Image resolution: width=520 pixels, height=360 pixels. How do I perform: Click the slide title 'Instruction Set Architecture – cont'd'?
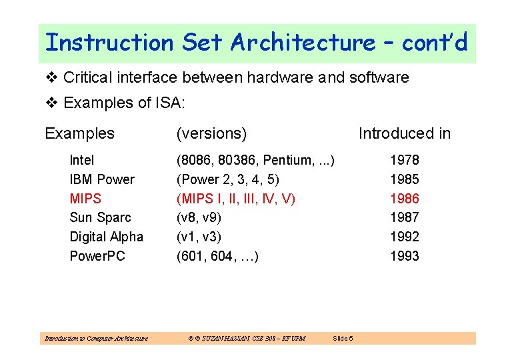point(256,43)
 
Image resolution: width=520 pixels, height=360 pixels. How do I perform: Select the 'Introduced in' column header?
point(404,133)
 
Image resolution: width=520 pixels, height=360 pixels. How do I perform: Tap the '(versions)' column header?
point(211,133)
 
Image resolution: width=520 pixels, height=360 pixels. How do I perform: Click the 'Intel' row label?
point(82,160)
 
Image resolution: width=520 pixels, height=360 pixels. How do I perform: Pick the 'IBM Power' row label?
point(102,179)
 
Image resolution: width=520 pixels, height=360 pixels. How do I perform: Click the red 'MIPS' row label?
point(85,199)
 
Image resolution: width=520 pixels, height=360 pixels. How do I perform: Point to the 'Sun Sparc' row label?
point(100,217)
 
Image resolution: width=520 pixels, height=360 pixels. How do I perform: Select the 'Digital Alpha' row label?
point(106,237)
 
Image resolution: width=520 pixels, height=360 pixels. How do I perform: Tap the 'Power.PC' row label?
point(97,256)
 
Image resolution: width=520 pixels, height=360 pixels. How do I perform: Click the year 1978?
point(404,160)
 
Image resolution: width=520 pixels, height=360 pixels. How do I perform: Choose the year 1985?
point(404,179)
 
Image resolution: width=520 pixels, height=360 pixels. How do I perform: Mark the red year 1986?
point(404,199)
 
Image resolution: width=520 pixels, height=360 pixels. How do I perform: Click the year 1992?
point(404,237)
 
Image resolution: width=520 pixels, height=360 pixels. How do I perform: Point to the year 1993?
point(404,256)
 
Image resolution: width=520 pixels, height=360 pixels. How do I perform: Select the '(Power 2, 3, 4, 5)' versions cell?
point(227,179)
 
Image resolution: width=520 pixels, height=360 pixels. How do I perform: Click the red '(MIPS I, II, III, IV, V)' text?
point(235,199)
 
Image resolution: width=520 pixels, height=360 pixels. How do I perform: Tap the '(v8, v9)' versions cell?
point(199,217)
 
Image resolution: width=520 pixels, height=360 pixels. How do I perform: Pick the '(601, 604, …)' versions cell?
point(217,256)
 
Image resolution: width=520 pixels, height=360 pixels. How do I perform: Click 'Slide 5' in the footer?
point(343,339)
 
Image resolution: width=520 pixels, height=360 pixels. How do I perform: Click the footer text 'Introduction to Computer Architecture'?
point(96,339)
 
